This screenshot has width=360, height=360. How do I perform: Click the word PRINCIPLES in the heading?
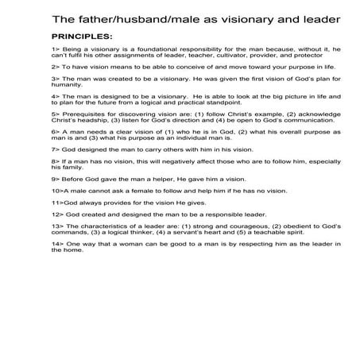(81, 37)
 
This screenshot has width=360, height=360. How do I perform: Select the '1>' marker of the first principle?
(55, 50)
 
